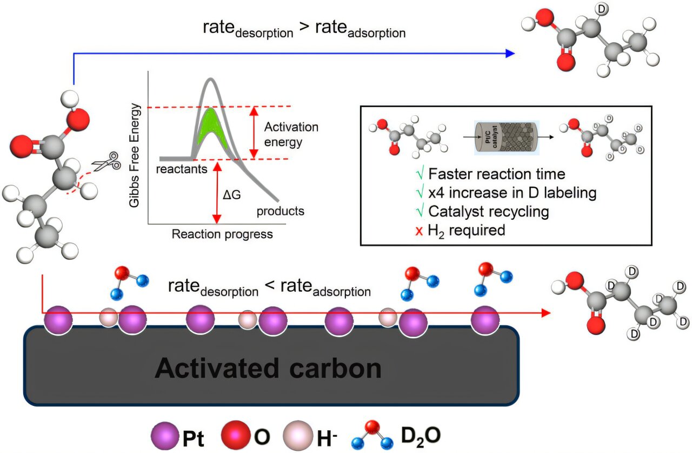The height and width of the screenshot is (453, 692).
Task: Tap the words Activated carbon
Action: (x=268, y=369)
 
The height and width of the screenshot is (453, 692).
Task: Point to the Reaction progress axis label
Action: (x=222, y=234)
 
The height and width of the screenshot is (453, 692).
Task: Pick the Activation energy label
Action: (x=291, y=135)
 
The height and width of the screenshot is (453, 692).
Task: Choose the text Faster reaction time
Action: (x=496, y=174)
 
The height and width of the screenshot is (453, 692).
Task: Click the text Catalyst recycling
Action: (x=489, y=212)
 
